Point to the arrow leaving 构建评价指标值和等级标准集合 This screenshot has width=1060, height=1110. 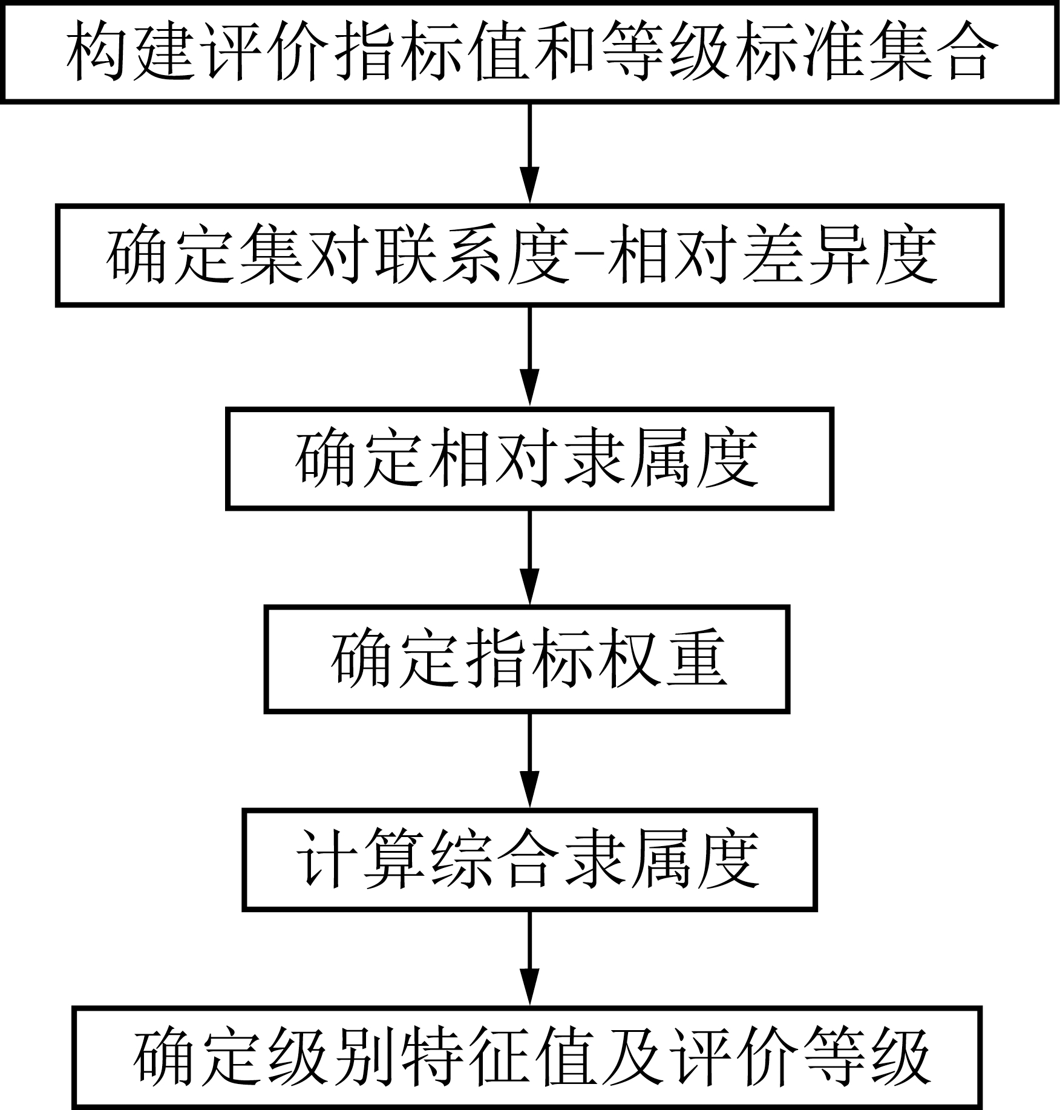[530, 154]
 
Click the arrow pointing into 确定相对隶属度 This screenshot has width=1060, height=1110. [530, 357]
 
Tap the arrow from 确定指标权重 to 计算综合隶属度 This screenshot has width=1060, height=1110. [530, 760]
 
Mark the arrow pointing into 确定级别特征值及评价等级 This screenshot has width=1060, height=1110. [530, 959]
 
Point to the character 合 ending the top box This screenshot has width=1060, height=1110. [967, 51]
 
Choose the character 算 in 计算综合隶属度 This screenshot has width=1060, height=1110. [393, 859]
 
